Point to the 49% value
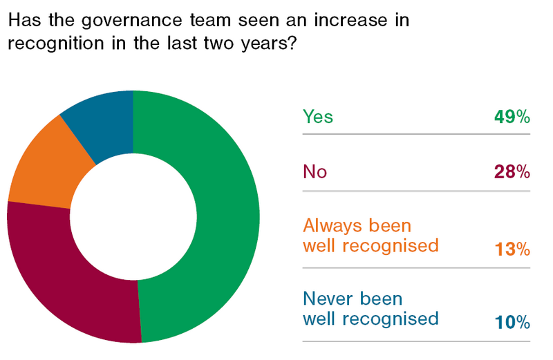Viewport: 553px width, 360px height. coord(512,117)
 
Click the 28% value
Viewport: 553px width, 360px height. coord(512,172)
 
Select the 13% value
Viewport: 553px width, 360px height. coord(512,247)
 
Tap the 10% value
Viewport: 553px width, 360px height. coord(512,321)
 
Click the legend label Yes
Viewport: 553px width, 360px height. coord(318,117)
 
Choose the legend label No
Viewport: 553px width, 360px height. coord(315,172)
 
